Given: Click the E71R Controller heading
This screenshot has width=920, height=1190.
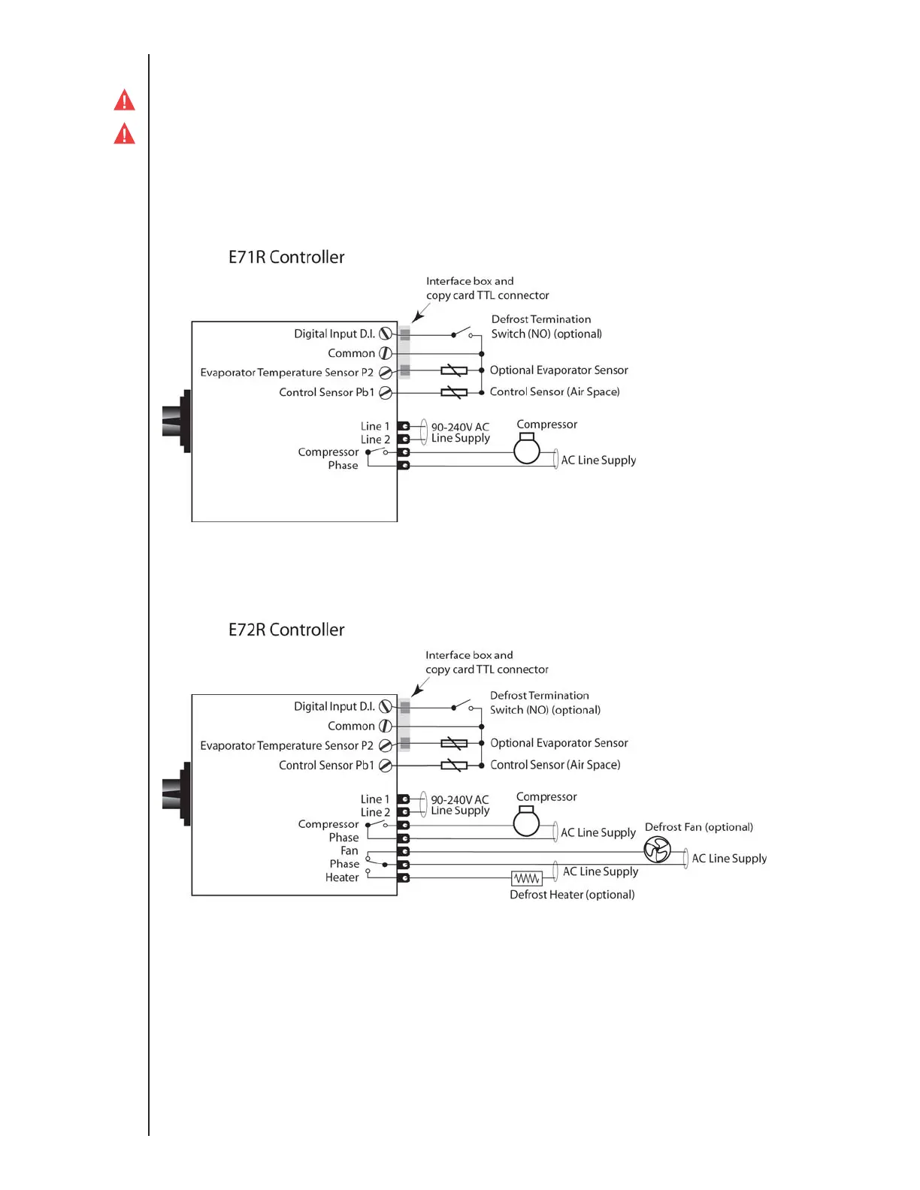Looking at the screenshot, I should [286, 257].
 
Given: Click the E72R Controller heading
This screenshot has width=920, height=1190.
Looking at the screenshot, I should [286, 630].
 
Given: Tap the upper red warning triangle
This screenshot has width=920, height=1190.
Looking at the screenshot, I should [124, 101].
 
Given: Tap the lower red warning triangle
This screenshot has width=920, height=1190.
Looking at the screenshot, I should [124, 134].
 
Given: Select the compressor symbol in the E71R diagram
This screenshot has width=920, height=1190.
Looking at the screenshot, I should [527, 449].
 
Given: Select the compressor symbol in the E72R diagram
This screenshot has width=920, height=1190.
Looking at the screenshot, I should [526, 822].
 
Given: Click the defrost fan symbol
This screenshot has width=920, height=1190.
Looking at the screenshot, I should [657, 850].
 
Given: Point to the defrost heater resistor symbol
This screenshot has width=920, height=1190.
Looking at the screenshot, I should [526, 878].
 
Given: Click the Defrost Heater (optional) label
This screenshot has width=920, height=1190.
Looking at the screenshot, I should [572, 895].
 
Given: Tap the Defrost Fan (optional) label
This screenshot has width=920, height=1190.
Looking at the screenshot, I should [698, 827].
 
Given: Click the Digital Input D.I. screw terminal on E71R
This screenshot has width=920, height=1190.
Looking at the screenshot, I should [386, 334].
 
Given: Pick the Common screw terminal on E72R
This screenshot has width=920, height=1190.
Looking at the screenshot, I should [386, 726].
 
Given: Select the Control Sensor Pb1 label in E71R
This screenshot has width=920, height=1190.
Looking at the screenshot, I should [326, 392].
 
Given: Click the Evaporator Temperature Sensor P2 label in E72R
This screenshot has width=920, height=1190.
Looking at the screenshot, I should [286, 745].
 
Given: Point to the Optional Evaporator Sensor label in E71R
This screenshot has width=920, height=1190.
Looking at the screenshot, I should [558, 370].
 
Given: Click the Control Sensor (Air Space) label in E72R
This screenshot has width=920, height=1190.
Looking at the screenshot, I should [555, 765].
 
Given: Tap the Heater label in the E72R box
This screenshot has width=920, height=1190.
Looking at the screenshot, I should [342, 877].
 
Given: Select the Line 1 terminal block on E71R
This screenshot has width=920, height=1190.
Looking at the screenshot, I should [404, 426].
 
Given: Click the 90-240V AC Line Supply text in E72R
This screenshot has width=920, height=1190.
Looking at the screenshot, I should [460, 805].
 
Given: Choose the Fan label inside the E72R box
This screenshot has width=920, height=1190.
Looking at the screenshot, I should [349, 850].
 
